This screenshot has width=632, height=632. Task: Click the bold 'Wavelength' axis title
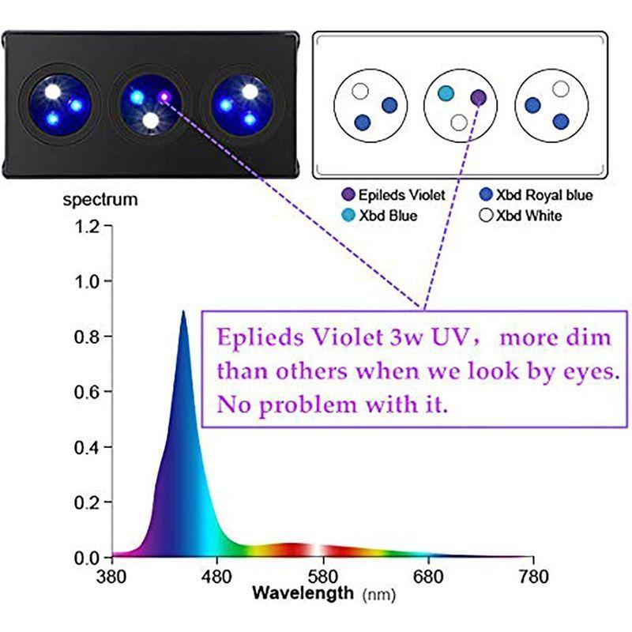pos(303,592)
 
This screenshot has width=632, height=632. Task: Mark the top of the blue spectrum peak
pos(183,311)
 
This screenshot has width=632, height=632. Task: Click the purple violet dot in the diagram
pos(479,97)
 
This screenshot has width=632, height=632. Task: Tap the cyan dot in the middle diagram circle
pos(446,93)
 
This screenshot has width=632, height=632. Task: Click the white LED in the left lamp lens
pos(54,91)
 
